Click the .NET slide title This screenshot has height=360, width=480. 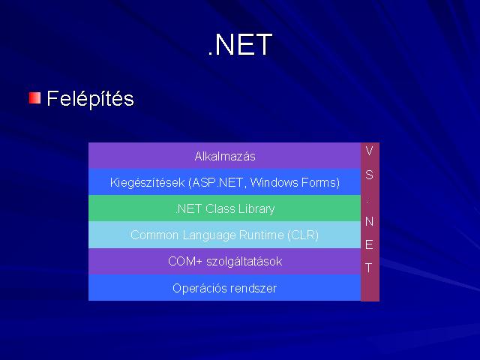240,45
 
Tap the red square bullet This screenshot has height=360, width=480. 35,98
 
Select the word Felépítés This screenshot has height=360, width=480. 90,99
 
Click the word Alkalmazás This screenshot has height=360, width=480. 225,157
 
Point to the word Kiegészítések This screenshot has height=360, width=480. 148,183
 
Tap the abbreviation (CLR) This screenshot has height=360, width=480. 303,235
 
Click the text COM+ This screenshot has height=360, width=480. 185,262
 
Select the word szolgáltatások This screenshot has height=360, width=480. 244,262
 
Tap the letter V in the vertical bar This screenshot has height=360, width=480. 369,151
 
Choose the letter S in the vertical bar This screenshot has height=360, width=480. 370,175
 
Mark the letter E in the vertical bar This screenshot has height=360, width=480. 369,244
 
